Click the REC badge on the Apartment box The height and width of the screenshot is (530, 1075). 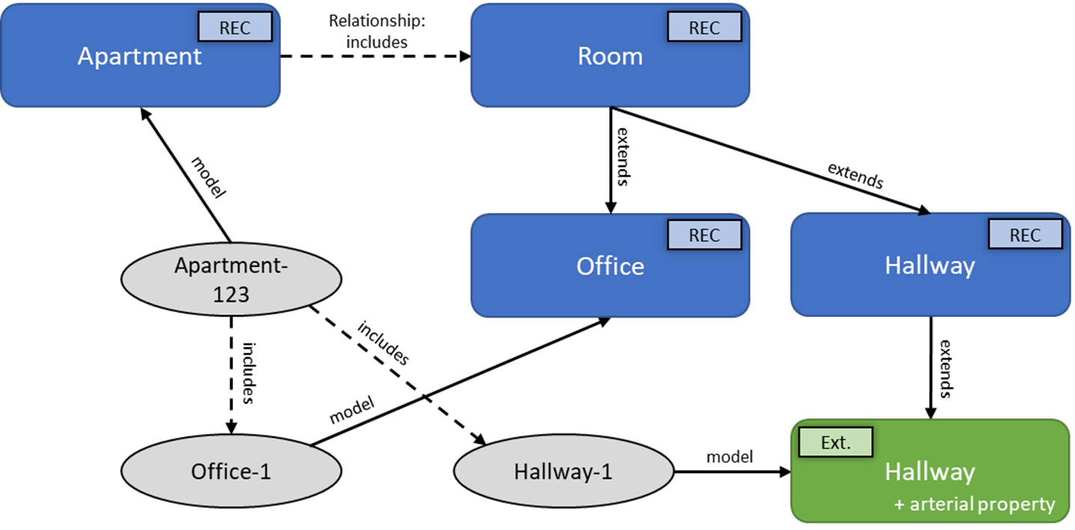tap(234, 28)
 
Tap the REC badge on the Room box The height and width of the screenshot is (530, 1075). tap(704, 28)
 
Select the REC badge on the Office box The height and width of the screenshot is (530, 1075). tap(704, 235)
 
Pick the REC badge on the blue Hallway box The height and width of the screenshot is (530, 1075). tap(1025, 235)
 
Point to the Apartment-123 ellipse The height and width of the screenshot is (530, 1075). tap(231, 280)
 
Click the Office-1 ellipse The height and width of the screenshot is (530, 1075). tap(231, 472)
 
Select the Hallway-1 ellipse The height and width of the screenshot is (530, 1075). tap(563, 472)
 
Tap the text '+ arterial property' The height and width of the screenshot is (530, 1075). tap(974, 504)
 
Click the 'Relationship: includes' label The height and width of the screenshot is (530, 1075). tap(377, 31)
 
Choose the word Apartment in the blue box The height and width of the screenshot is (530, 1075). tap(140, 56)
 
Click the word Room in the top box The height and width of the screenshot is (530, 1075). tap(609, 56)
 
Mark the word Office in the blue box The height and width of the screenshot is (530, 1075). tap(609, 266)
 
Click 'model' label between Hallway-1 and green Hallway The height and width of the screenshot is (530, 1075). tap(730, 456)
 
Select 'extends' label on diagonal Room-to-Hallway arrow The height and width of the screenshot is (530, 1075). tap(856, 174)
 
